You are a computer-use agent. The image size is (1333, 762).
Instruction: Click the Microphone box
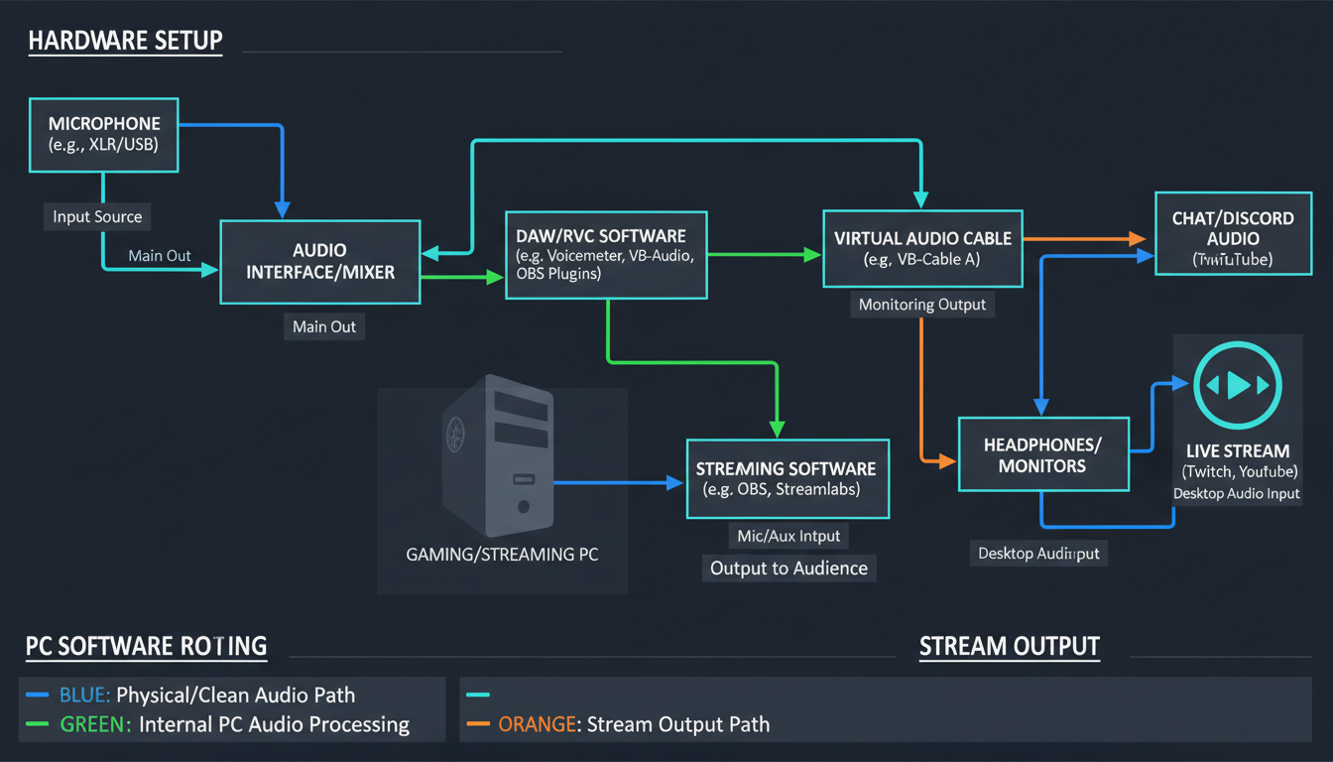click(104, 134)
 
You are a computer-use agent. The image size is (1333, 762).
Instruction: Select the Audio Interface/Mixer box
click(319, 261)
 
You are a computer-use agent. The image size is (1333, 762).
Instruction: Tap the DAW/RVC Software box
click(606, 255)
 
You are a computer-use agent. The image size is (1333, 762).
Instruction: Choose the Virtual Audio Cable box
click(922, 248)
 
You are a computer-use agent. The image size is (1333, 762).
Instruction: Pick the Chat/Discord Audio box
click(1232, 238)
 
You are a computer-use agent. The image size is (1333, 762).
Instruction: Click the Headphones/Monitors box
click(1042, 454)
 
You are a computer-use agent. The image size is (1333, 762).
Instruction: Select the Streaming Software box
click(787, 479)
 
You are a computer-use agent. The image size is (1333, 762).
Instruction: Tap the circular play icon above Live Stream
click(1238, 385)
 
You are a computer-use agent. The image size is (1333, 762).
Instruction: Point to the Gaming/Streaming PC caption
click(502, 555)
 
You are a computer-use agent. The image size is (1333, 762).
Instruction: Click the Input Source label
click(97, 217)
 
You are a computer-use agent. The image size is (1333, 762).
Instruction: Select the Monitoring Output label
click(922, 305)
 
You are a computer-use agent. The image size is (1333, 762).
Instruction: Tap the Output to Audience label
click(789, 569)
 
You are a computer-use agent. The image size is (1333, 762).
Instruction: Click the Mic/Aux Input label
click(789, 537)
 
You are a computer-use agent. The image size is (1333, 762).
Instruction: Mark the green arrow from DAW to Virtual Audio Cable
click(764, 255)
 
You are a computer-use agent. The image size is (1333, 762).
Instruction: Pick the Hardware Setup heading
click(125, 42)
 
